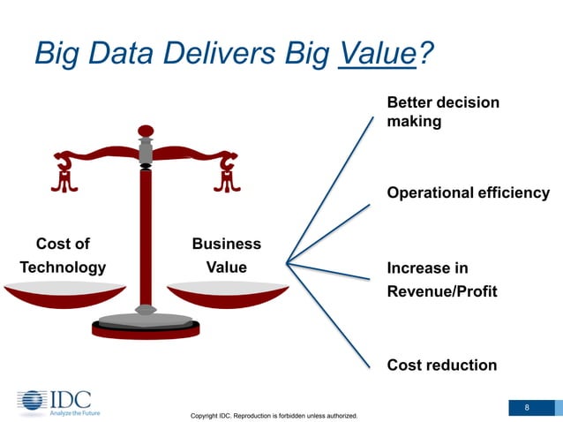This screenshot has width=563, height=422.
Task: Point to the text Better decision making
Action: [443, 112]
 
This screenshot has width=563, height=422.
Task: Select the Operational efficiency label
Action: [468, 192]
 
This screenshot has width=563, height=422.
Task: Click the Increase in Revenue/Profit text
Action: [441, 280]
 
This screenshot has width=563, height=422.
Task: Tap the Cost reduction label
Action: [442, 365]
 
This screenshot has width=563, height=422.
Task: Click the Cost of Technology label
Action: [63, 255]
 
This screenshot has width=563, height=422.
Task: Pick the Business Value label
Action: [227, 255]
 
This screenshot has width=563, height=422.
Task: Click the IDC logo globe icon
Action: [33, 400]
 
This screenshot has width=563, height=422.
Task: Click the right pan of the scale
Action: [228, 294]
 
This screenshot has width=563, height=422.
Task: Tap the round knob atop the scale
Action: [146, 131]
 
